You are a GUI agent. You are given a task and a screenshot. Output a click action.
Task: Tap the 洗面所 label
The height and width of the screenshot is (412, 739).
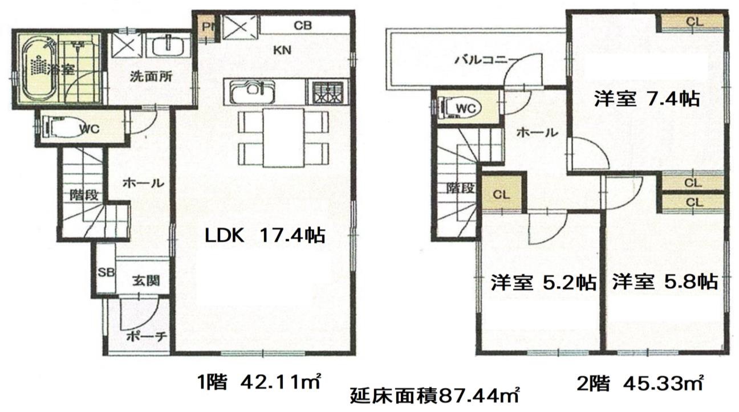coord(151,77)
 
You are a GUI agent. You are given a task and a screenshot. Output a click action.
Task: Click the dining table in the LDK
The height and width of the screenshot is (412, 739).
coord(283,137)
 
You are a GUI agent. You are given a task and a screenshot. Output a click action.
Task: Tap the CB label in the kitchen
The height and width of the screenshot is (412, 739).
coord(303,26)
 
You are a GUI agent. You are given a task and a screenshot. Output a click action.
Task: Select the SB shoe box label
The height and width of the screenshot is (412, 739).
coord(106,272)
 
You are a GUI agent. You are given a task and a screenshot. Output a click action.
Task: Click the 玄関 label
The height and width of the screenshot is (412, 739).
coord(146,280)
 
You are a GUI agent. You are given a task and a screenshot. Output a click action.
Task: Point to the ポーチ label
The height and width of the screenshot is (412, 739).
coord(147,337)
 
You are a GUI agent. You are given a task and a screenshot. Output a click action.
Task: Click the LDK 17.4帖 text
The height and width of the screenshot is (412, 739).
coord(265,236)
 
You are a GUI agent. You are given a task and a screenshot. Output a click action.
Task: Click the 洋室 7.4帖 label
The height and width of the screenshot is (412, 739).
coord(647,99)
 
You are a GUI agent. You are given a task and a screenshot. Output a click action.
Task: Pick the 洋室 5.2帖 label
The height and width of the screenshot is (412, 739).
coord(543,283)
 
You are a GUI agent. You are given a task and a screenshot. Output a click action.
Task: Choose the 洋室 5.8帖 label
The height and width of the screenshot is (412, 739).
coord(665,282)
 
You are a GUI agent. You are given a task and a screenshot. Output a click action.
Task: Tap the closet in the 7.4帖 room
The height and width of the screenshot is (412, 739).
coord(693,22)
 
